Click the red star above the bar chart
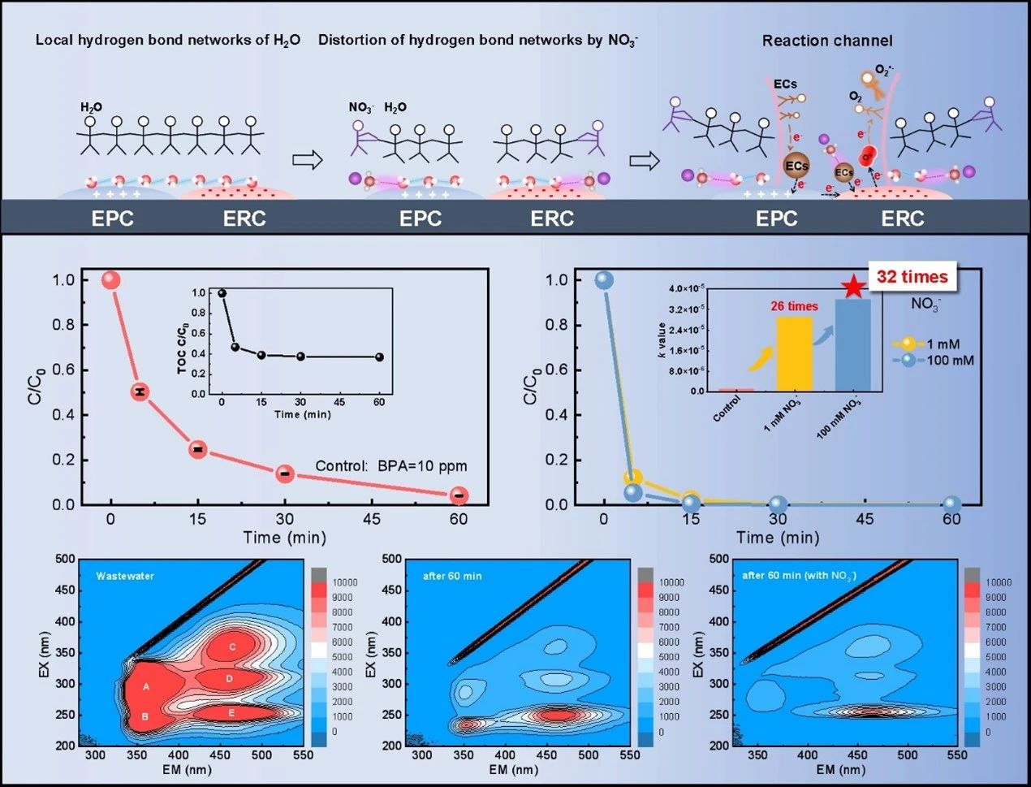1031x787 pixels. [x=852, y=287]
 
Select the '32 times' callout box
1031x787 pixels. [x=912, y=277]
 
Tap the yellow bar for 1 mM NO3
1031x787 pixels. [x=795, y=354]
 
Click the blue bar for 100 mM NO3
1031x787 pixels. [x=852, y=345]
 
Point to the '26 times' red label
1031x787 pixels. [x=795, y=306]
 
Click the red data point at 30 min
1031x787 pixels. [x=285, y=473]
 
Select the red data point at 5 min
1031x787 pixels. [x=140, y=392]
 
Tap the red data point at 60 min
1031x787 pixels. [x=459, y=495]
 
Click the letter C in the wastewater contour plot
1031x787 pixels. [x=233, y=647]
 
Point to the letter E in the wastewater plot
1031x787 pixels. [x=232, y=713]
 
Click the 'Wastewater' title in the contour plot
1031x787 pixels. [x=125, y=576]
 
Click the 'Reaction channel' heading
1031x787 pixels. [x=826, y=41]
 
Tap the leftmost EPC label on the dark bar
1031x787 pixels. [x=113, y=218]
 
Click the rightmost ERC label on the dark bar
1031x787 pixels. [x=903, y=218]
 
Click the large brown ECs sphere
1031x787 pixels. [x=796, y=166]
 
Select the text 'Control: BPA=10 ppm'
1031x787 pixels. [x=391, y=466]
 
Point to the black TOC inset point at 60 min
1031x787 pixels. [x=379, y=357]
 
